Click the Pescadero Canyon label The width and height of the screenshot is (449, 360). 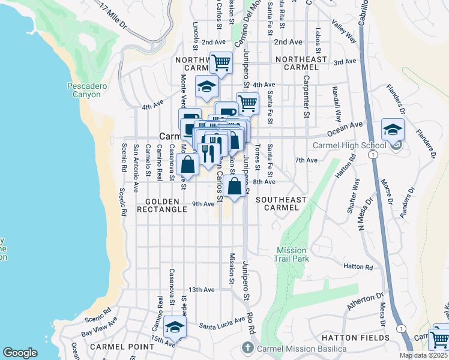(x=87, y=91)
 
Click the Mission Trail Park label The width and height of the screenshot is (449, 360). (x=292, y=255)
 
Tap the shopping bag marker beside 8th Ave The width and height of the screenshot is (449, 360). (x=237, y=186)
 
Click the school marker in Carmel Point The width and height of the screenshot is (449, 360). (x=175, y=328)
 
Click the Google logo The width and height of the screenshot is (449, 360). (x=20, y=353)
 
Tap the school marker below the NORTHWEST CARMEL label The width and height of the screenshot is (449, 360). (x=206, y=88)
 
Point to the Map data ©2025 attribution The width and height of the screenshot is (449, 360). (x=423, y=355)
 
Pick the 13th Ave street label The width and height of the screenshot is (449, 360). (x=202, y=289)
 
